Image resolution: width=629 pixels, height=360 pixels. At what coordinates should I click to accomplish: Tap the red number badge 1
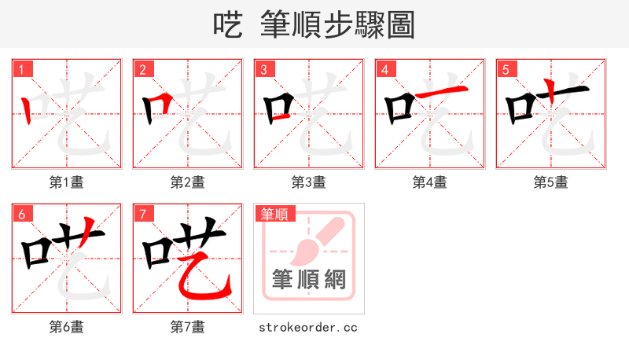tap(22, 69)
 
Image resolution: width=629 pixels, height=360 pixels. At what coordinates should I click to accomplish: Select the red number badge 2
tap(143, 69)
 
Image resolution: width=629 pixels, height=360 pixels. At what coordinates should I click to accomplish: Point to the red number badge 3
tap(264, 69)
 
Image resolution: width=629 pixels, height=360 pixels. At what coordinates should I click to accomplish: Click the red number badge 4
tap(385, 69)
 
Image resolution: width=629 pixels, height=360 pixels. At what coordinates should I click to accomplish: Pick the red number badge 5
tap(506, 69)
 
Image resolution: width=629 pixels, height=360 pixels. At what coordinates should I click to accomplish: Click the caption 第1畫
tap(67, 182)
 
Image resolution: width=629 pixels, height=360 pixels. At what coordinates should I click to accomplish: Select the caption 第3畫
tap(309, 182)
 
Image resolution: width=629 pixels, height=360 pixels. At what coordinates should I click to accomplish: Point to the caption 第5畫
tap(551, 182)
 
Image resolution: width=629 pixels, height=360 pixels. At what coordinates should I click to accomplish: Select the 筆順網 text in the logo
tap(309, 279)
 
